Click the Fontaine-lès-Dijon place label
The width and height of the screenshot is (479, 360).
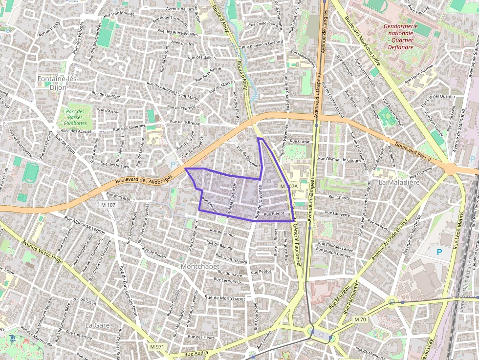59,83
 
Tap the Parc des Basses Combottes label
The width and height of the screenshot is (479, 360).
74,118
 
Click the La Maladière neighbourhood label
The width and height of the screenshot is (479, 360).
399,182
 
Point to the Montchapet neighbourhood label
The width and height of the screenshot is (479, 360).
199,267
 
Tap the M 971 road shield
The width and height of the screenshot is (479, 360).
157,346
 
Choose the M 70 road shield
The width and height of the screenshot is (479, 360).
360,319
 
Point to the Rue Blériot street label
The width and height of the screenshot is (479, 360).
274,214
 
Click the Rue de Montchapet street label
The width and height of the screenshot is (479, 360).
225,298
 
